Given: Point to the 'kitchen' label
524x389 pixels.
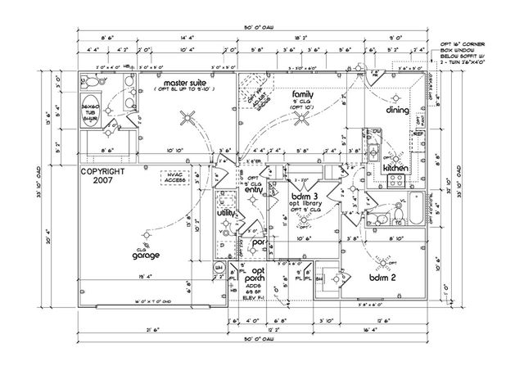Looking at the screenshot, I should pyautogui.click(x=395, y=168).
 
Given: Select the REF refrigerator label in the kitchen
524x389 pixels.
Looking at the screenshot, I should pyautogui.click(x=418, y=133).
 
